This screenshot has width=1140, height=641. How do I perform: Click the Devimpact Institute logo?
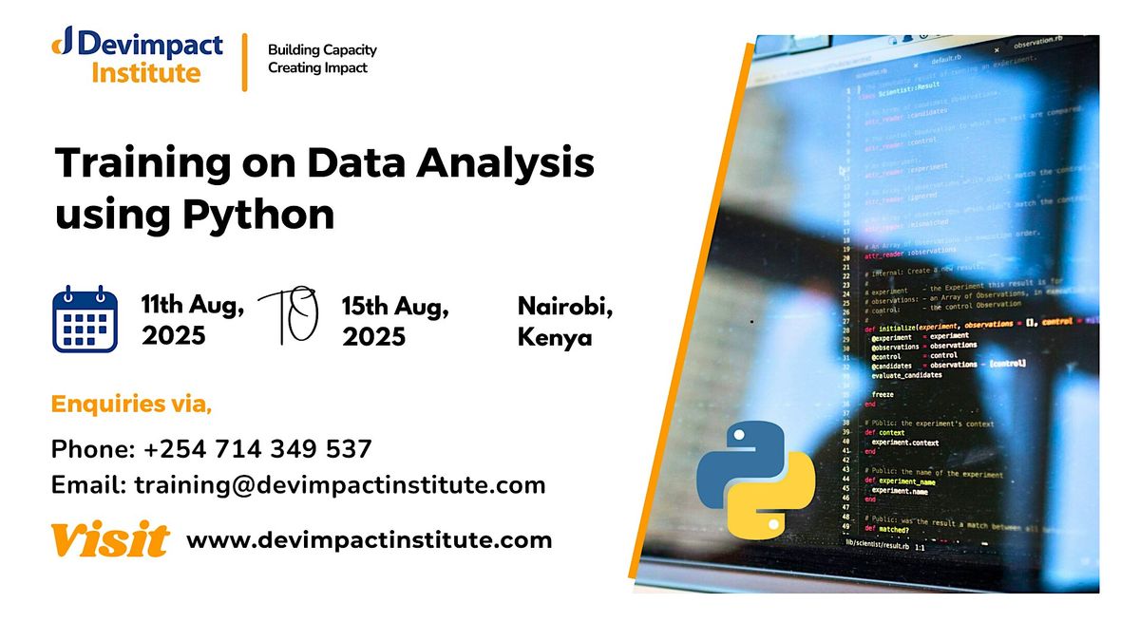point(138,57)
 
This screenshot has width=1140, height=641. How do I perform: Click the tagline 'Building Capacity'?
point(322,49)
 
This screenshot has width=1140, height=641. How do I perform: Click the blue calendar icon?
point(85,320)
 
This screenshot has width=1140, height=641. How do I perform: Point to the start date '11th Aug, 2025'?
point(194,320)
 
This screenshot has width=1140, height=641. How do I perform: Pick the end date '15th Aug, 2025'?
point(395,321)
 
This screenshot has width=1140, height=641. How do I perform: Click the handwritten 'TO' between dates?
point(289,314)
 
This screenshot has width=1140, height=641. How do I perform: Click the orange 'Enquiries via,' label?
point(131,405)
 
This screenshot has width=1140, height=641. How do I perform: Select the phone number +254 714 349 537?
point(256,449)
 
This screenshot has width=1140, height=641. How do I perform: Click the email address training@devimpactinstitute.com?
point(340,485)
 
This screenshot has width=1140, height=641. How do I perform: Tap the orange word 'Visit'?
point(109,540)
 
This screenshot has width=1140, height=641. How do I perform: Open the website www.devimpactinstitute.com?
point(369,540)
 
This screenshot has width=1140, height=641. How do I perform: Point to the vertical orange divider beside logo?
point(245,62)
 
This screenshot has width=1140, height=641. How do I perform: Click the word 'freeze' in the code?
point(883,393)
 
